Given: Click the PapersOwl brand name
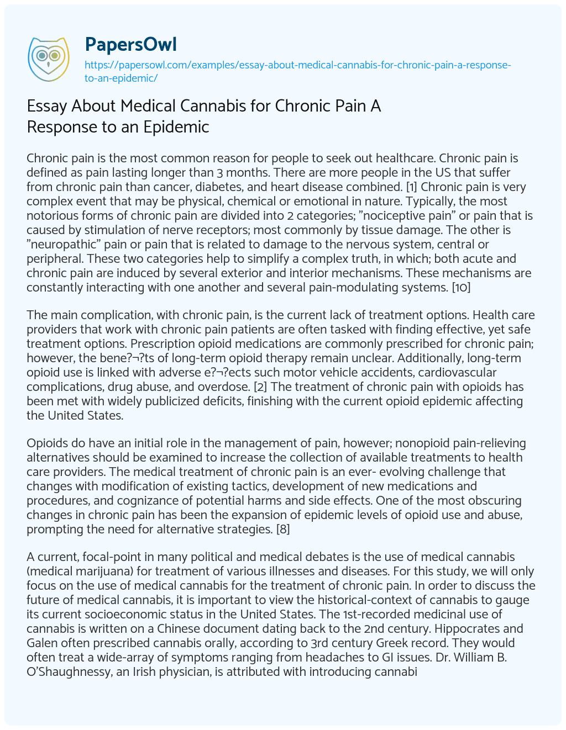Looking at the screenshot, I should pos(130,44).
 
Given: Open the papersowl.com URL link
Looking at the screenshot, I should pos(297,71).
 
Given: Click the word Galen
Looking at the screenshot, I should pos(43,643).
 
